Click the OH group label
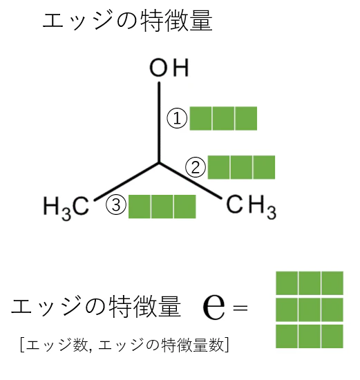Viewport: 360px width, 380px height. coord(169,68)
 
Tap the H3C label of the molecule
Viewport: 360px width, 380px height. coord(66,208)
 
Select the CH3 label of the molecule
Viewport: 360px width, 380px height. coord(251,207)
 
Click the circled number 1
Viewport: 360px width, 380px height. coord(177,119)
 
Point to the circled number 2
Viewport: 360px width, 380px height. coord(196,167)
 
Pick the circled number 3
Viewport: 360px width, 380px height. coord(116,205)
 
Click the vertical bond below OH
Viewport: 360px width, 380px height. coord(159,122)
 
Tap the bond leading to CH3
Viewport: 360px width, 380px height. coord(191,181)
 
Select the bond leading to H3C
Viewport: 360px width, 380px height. coord(126,182)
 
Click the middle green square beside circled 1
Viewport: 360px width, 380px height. coord(223,118)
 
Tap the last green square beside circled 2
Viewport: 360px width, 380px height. coord(264,167)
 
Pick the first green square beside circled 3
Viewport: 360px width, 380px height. coord(140,207)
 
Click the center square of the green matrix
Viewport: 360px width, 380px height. coord(310,310)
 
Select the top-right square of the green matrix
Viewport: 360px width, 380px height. coord(332,283)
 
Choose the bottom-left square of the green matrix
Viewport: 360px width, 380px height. coord(287,336)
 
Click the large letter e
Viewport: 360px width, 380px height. coord(214,307)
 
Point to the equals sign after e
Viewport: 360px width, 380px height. coord(240,308)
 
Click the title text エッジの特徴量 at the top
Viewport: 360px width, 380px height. coord(128,21)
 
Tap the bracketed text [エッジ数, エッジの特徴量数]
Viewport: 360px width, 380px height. coord(124,345)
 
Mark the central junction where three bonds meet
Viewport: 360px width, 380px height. coord(159,163)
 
